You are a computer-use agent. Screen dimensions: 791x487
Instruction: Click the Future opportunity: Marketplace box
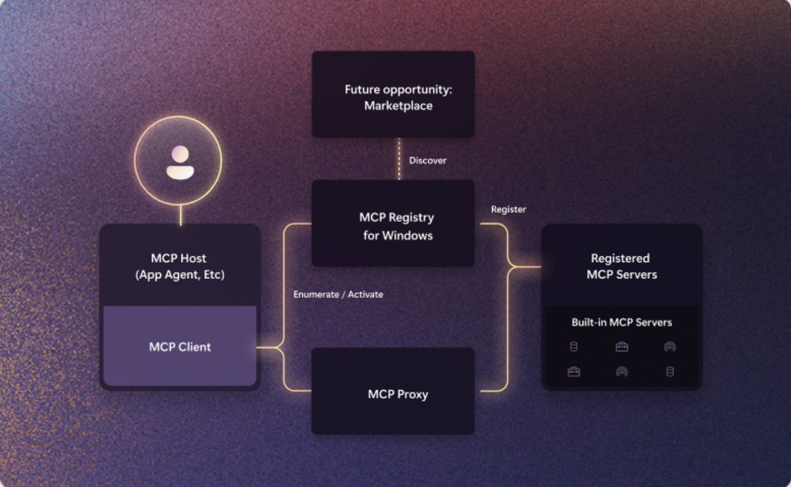point(393,94)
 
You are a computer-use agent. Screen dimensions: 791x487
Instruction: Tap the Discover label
point(428,160)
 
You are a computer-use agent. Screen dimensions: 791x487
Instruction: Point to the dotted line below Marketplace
point(399,159)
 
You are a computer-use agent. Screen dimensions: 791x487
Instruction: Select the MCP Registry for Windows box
point(393,223)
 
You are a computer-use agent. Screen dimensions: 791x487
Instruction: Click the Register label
point(509,210)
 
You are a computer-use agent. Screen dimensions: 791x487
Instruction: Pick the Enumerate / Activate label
point(338,294)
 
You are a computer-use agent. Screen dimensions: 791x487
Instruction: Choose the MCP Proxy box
point(393,391)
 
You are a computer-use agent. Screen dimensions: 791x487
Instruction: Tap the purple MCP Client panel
point(180,345)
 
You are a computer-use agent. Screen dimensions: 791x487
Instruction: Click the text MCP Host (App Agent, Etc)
point(180,266)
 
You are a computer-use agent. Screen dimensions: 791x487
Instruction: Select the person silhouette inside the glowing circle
point(180,162)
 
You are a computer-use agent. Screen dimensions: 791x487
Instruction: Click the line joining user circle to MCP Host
point(180,215)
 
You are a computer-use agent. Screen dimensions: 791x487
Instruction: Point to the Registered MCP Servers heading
point(622,266)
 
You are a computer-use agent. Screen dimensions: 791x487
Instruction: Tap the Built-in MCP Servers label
point(622,322)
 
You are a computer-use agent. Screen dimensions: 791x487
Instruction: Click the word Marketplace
point(399,106)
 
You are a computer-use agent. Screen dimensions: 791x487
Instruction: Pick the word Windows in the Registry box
point(407,236)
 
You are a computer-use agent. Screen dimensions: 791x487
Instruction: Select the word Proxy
point(413,395)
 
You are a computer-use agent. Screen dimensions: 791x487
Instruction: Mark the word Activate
point(365,294)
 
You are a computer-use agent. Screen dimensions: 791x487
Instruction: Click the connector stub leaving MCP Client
point(267,347)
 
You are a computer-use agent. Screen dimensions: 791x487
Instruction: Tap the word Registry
point(411,217)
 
